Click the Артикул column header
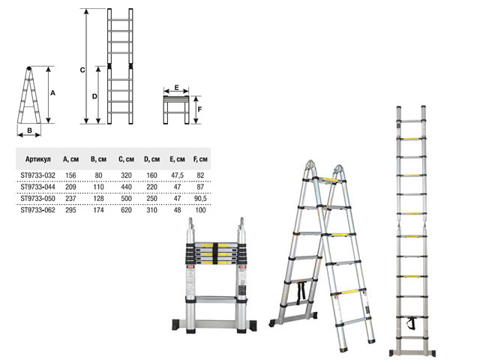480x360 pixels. coord(38,159)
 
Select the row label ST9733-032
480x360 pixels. coord(38,175)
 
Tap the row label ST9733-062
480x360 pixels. coord(38,210)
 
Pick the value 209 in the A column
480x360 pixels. coord(70,187)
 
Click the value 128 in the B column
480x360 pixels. coord(98,199)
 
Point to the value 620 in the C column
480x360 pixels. coord(126,210)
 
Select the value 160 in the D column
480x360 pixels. coord(151,175)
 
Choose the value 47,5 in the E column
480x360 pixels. coord(177,175)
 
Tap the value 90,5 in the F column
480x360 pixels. coord(200,199)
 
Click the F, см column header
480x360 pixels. coord(200,159)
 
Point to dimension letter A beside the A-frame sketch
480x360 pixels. coord(53,93)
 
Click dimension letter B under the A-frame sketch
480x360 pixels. coord(30,130)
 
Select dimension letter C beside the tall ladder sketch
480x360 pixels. coord(82,70)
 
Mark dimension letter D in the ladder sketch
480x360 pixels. coord(94,97)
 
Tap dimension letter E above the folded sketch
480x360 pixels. coord(177,88)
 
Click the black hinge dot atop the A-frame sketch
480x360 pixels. coord(28,68)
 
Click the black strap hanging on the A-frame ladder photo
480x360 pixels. coord(301,291)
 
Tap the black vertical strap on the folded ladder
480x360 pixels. coord(215,253)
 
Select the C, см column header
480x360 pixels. coord(127,159)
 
